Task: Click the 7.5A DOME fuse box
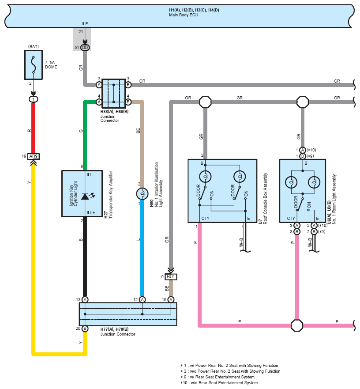click(x=34, y=65)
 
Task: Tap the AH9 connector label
click(x=33, y=156)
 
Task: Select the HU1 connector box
click(x=171, y=276)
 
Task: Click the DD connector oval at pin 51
click(x=85, y=47)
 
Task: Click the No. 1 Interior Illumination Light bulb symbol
click(x=142, y=194)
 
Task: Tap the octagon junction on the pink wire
click(x=297, y=325)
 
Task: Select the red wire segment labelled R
click(x=33, y=128)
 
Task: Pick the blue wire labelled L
click(x=142, y=248)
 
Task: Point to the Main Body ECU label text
click(x=184, y=15)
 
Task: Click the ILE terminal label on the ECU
click(x=85, y=23)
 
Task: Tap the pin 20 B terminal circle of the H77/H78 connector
click(x=85, y=329)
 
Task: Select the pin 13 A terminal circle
click(x=85, y=300)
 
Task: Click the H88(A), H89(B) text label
click(x=114, y=112)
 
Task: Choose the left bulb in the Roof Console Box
click(x=205, y=177)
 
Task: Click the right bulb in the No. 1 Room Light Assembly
click(x=314, y=183)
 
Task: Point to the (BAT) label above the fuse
click(x=34, y=47)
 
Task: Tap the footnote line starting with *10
click(x=219, y=382)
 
